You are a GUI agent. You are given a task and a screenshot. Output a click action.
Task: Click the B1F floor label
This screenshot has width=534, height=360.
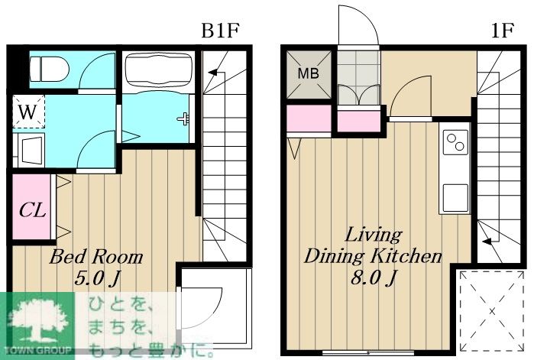pos(220,31)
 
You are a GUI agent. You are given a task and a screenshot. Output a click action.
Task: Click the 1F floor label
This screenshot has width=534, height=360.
pos(502,31)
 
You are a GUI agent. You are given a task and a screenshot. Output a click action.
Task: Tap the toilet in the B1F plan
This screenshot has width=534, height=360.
pos(49,69)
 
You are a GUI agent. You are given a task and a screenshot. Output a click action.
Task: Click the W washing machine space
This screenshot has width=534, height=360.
pos(28,112)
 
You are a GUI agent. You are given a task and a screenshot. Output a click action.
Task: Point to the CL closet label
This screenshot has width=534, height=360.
pos(32,209)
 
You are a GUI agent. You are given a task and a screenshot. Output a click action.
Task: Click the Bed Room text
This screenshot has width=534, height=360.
pos(96,257)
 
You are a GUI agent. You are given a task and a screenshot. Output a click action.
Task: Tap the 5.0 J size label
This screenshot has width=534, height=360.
pos(97,279)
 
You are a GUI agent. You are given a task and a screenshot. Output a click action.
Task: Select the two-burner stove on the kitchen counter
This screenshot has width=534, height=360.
pos(455,142)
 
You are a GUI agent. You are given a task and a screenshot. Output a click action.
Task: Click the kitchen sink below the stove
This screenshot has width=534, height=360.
pos(455,198)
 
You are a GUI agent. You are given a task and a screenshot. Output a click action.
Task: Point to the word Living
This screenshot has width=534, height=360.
pos(374,235)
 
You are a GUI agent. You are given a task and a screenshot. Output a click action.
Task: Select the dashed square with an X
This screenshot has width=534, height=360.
pos(492,311)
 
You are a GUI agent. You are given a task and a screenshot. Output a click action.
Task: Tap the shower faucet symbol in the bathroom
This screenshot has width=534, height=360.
pos(183,118)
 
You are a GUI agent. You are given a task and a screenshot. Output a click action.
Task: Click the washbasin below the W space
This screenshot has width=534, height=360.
pos(31,151)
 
